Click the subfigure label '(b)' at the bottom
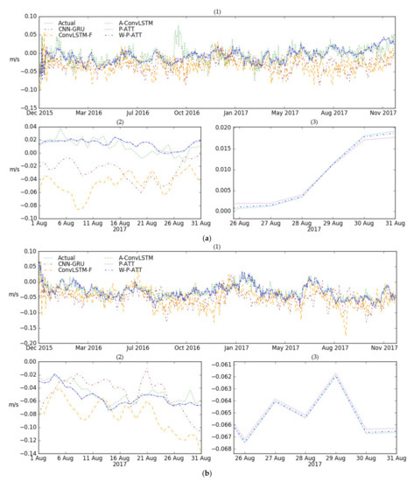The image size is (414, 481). (x=207, y=473)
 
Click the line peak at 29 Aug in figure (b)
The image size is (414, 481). (x=335, y=374)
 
